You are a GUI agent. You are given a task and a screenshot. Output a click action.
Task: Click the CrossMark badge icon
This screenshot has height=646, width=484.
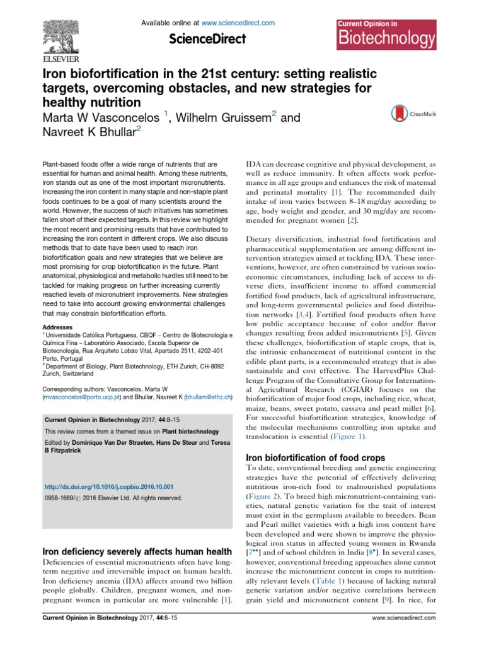(x=406, y=113)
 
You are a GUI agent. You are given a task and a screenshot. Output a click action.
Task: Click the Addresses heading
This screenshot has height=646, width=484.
(x=57, y=327)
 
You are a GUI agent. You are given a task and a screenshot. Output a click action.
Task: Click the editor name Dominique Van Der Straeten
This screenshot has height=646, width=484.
(x=122, y=442)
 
